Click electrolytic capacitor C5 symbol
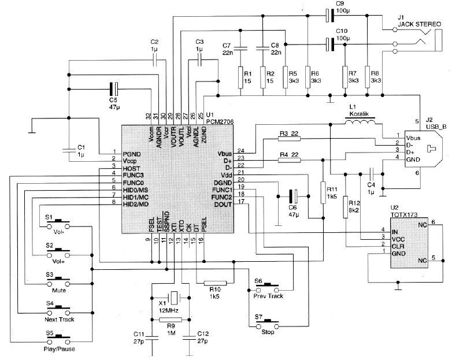pos(114,89)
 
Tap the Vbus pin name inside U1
pos(225,153)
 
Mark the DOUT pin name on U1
pos(224,204)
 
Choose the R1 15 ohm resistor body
pos(241,79)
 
